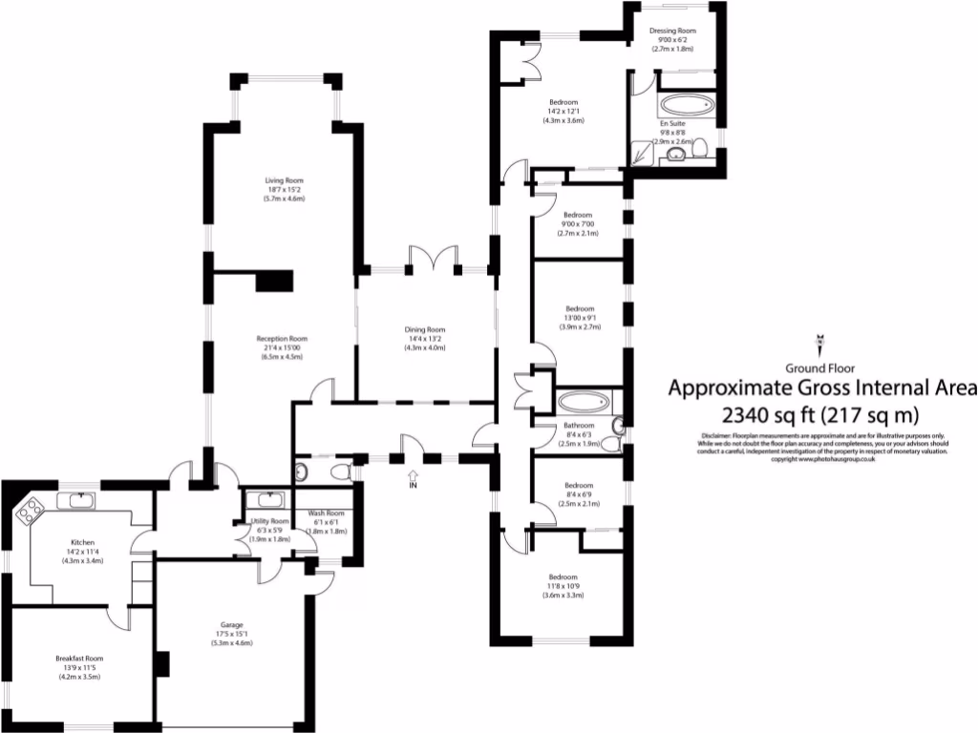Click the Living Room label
point(285,178)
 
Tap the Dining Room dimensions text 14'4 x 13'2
point(425,339)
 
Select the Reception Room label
point(281,338)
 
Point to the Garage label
point(231,624)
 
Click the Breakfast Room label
point(79,659)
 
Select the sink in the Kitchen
point(74,501)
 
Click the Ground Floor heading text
point(819,368)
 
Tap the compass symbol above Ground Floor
point(819,342)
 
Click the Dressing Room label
point(672,31)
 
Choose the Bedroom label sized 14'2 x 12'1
point(563,102)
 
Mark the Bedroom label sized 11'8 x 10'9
point(563,576)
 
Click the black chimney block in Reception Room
point(273,281)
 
